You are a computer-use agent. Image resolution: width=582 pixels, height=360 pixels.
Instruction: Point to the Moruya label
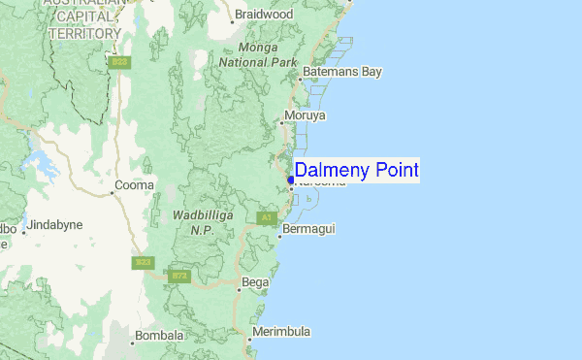point(307,116)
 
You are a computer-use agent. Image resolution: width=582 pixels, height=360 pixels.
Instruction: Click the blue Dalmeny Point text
point(357,171)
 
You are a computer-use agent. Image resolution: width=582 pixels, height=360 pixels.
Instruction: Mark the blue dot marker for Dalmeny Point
point(291,179)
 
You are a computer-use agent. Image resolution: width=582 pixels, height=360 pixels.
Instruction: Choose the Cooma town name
point(135,184)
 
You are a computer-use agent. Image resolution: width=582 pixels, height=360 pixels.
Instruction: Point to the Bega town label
point(255,282)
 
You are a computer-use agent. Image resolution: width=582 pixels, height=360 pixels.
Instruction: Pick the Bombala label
point(159,336)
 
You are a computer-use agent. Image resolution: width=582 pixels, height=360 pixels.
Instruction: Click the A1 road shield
point(266,217)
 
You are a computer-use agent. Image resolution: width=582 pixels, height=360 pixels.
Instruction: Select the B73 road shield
point(178,276)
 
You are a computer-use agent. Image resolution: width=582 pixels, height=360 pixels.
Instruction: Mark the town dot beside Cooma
point(112,192)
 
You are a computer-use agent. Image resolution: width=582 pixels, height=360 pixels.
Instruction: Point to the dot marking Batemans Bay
point(300,79)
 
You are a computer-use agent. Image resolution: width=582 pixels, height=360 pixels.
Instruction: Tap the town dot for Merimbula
point(247,338)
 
